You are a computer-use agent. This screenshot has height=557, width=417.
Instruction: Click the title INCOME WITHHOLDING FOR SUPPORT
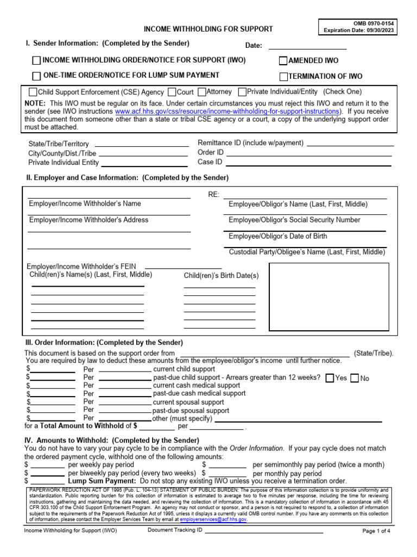click(208, 29)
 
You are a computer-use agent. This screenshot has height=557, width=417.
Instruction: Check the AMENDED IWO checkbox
click(283, 61)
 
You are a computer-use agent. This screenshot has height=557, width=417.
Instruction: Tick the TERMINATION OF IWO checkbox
click(283, 77)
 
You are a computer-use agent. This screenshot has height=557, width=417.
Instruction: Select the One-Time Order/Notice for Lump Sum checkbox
click(36, 76)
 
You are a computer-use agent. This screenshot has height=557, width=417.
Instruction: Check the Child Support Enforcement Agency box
click(33, 92)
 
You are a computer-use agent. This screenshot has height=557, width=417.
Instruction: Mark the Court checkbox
click(172, 92)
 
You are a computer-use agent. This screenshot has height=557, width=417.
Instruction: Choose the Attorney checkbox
click(202, 92)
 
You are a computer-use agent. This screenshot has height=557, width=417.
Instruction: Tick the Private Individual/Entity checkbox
click(243, 92)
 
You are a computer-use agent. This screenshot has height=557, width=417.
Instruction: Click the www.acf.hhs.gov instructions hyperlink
click(228, 111)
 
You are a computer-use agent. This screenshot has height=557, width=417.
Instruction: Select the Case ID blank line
click(308, 162)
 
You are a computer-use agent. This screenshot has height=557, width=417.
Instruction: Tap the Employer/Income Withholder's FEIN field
click(184, 266)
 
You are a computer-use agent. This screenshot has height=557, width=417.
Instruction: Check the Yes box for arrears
click(330, 379)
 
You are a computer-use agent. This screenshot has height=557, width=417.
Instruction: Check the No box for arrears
click(355, 379)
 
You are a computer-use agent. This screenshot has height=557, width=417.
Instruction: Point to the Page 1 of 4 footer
click(376, 531)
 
